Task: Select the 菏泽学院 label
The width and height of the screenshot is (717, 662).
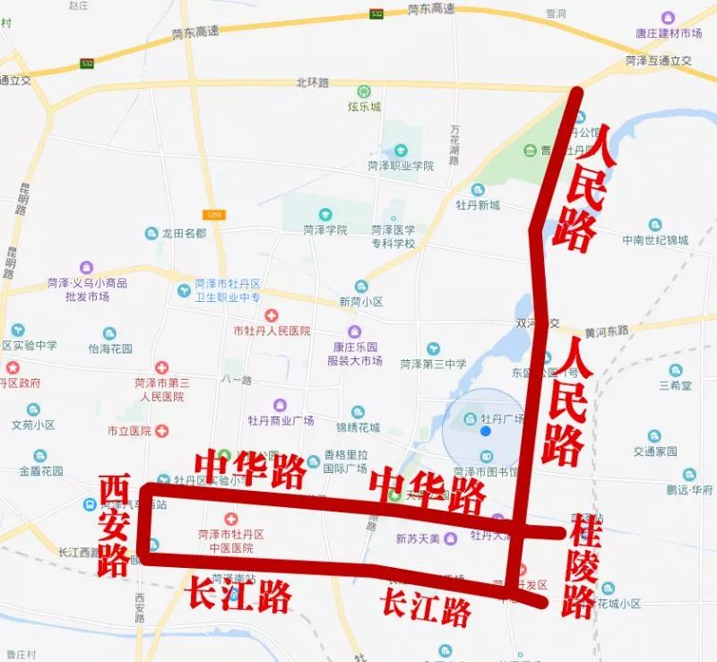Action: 324,229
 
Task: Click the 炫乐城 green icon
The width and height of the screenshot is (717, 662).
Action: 364,91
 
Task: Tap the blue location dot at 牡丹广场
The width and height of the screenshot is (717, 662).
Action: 486,431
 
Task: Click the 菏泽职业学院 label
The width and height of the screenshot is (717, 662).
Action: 400,166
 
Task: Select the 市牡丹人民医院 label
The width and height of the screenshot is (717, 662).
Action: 272,331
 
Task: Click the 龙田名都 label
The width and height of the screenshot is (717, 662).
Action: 184,233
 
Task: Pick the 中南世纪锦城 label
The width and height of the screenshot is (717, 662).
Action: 656,240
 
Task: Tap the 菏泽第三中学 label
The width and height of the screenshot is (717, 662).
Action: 433,364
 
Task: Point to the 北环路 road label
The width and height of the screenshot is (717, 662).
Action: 312,82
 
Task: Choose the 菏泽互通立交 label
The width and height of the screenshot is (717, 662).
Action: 659,61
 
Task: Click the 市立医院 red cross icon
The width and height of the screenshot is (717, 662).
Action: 161,430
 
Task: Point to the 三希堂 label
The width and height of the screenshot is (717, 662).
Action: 674,385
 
